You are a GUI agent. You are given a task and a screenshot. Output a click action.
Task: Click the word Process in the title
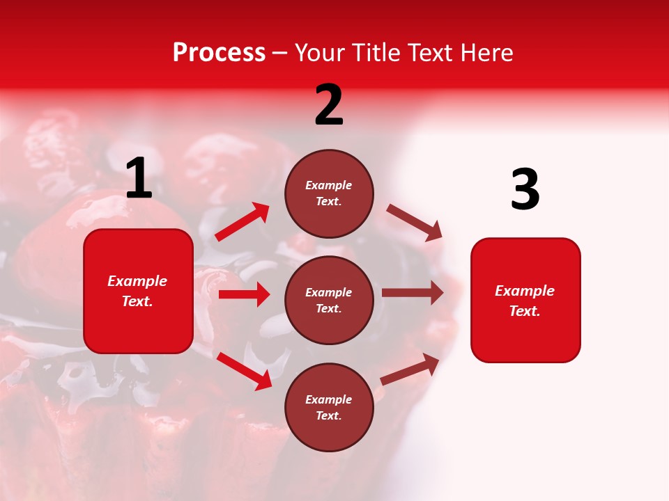pos(219,53)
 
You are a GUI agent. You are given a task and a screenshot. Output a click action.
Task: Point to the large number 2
pos(329,105)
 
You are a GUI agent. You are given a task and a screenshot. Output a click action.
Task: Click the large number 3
pos(525,190)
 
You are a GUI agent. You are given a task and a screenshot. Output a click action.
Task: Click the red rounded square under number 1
pos(138,291)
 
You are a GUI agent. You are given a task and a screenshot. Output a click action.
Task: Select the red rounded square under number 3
pos(525,300)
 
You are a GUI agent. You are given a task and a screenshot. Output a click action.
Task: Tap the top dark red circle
pos(329,193)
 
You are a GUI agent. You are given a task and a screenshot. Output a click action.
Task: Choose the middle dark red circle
pos(329,300)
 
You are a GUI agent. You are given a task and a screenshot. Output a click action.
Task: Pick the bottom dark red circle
pos(329,407)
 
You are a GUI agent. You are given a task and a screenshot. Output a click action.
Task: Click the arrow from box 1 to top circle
pos(242,222)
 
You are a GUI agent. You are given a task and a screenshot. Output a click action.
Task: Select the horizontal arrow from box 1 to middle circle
pos(244,294)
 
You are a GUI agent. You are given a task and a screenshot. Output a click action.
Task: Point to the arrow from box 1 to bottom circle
pos(244,370)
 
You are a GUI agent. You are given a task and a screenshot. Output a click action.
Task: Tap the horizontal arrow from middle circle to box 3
pos(412,293)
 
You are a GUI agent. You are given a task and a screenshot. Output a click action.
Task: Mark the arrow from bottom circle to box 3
pos(410,369)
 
